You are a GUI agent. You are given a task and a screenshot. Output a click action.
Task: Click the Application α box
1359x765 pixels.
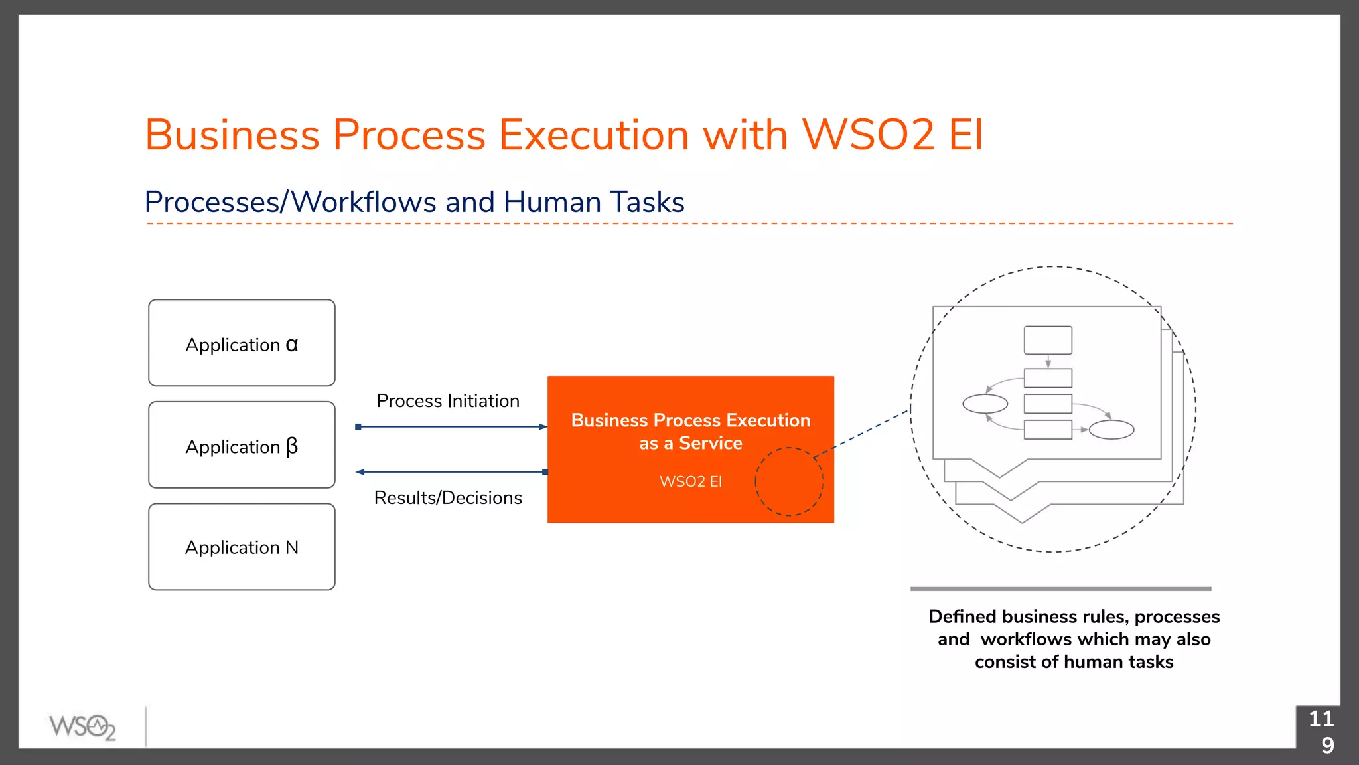(x=242, y=343)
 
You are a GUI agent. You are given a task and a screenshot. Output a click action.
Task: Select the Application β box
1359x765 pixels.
(x=242, y=446)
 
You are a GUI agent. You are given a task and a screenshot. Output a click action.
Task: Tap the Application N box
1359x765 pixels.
(x=242, y=547)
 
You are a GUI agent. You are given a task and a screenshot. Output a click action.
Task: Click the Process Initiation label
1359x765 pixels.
(x=448, y=401)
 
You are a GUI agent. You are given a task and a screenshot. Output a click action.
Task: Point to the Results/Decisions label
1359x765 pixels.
(x=448, y=498)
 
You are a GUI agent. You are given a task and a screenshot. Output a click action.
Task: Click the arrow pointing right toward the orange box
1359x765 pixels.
(x=451, y=427)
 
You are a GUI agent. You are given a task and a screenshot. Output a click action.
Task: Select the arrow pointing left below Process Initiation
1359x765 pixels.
(x=451, y=472)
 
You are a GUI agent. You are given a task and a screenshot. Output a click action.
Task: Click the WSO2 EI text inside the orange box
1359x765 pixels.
(x=690, y=481)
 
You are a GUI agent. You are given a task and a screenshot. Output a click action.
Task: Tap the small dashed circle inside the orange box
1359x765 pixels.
(x=789, y=481)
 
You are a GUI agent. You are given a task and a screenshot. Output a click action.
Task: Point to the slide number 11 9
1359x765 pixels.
(x=1322, y=731)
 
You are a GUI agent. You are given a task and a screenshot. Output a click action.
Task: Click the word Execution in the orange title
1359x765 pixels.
(x=594, y=135)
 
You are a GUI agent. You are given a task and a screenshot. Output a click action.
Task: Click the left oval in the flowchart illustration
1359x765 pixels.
(x=985, y=404)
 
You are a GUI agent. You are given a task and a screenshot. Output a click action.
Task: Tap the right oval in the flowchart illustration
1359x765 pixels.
(x=1111, y=430)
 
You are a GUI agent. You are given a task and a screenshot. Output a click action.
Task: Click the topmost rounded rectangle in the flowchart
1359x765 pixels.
(x=1048, y=340)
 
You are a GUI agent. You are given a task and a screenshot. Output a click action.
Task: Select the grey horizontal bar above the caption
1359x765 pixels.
(x=1060, y=588)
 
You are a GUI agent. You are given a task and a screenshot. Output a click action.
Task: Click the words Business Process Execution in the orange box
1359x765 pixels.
(x=690, y=420)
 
